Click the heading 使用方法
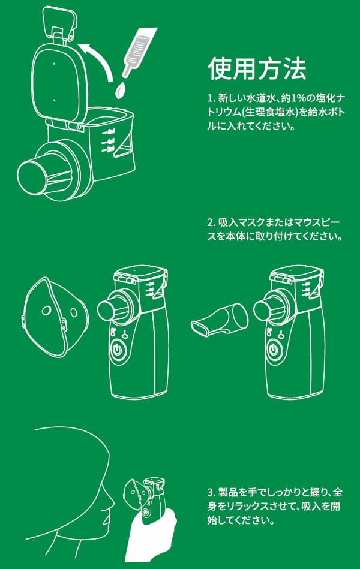257,68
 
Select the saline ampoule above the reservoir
139,51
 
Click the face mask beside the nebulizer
55,317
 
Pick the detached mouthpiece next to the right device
220,320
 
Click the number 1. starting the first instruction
211,98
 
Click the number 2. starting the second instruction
212,222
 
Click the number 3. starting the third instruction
212,492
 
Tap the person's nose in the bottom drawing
110,502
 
